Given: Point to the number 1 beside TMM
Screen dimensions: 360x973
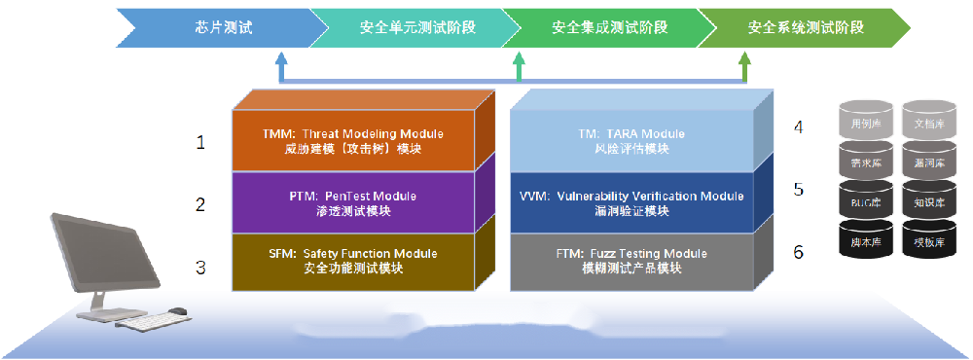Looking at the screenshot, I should click(x=200, y=143).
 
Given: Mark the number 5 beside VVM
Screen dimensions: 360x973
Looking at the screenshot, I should click(x=798, y=189).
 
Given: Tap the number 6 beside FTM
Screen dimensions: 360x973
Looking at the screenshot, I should click(x=798, y=252).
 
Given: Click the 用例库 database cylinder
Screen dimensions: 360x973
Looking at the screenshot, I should click(x=859, y=125).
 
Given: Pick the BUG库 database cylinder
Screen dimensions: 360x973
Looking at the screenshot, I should click(x=859, y=202).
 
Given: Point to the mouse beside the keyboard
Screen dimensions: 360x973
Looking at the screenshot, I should click(x=177, y=312).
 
